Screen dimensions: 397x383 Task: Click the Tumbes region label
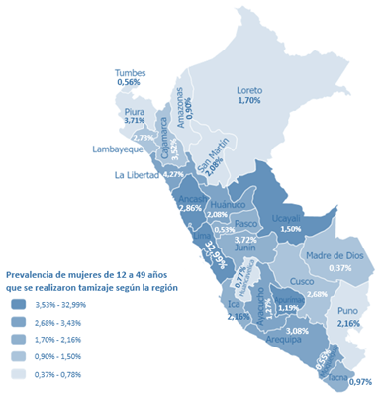135,72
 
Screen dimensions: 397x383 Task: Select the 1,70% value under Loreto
249,101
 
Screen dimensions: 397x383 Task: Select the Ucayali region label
291,217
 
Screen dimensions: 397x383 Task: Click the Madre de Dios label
340,256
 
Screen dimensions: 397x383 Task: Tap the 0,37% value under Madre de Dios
341,267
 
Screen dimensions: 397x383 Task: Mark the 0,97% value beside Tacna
361,382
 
